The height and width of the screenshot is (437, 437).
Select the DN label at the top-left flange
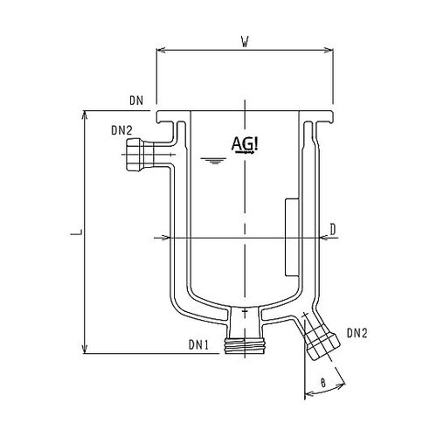(x=135, y=102)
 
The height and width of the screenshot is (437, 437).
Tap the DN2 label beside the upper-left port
(x=122, y=132)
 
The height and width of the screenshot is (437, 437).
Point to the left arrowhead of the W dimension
(x=159, y=50)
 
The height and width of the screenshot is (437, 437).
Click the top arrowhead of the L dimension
(x=84, y=114)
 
